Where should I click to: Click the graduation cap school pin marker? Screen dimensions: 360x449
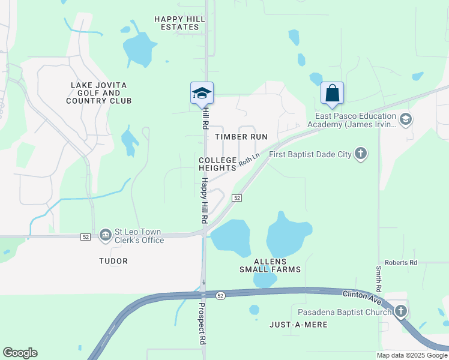click(x=202, y=93)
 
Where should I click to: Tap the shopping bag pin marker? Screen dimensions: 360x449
click(x=332, y=94)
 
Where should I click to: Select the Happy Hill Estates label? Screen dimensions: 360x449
click(x=179, y=23)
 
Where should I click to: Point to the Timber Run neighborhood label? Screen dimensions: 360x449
click(x=241, y=137)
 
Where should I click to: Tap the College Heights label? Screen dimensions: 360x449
click(x=218, y=164)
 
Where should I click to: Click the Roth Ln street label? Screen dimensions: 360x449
click(x=249, y=159)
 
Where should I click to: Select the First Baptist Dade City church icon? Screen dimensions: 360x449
click(x=360, y=154)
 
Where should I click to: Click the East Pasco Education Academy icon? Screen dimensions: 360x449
click(x=405, y=119)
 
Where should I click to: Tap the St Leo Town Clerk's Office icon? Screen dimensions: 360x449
click(x=106, y=233)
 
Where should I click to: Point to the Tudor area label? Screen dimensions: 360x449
click(x=113, y=261)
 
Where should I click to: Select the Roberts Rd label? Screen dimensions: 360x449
click(x=401, y=263)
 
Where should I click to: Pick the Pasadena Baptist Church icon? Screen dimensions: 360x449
click(x=400, y=311)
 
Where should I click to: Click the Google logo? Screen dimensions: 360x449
click(x=20, y=353)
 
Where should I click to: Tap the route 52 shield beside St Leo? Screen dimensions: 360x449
click(x=86, y=237)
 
